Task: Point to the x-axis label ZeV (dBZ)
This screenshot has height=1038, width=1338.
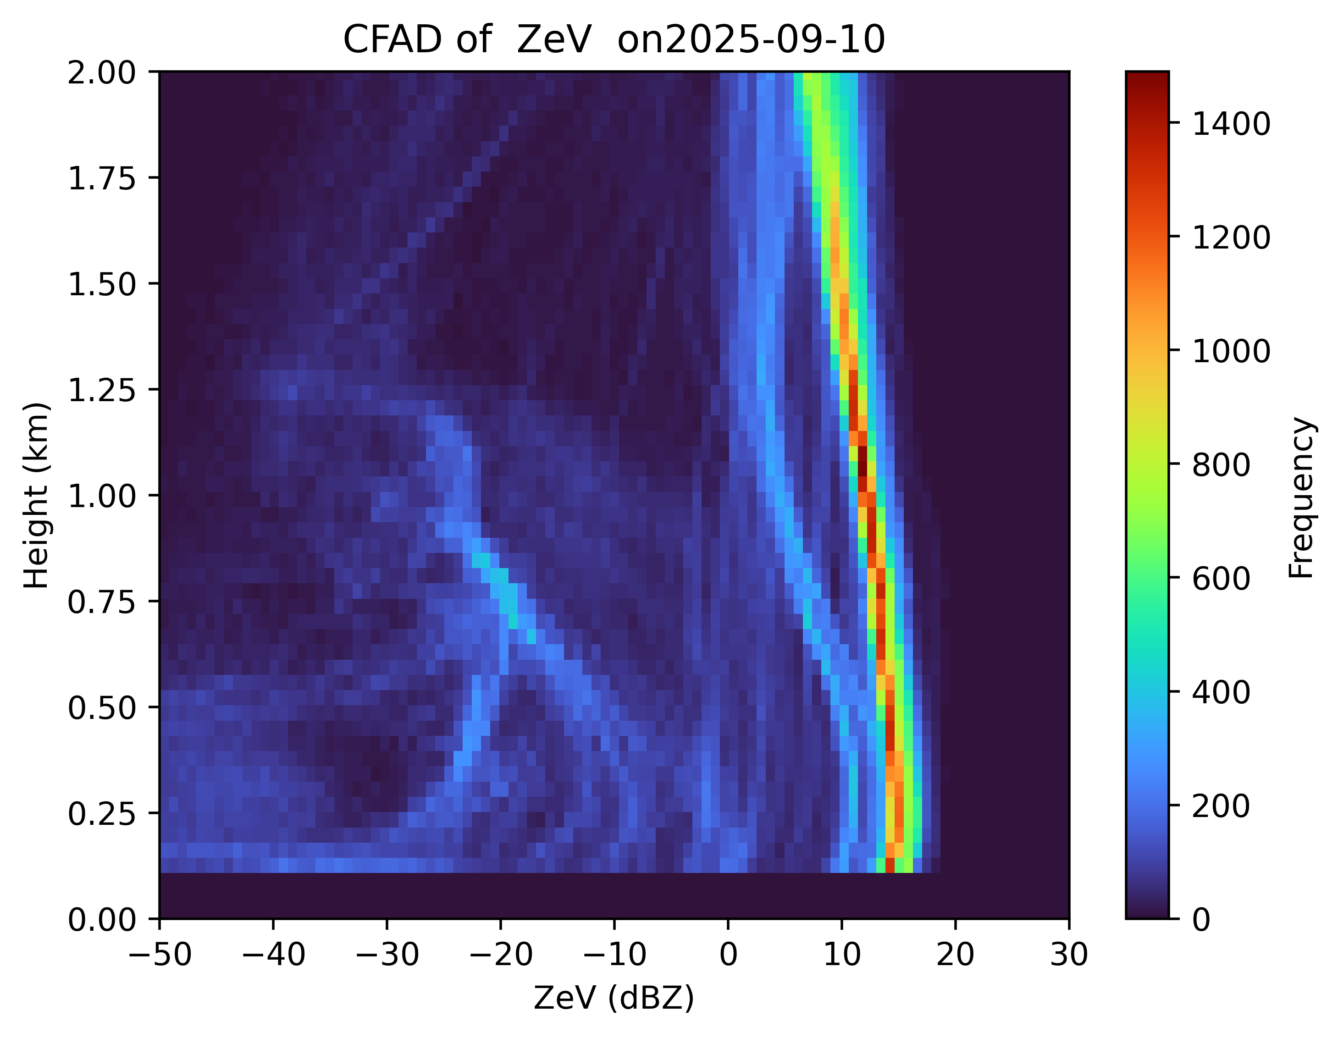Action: [614, 999]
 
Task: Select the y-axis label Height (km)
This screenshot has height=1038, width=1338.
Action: [37, 495]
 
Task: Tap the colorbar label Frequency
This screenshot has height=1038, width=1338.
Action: [1301, 497]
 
